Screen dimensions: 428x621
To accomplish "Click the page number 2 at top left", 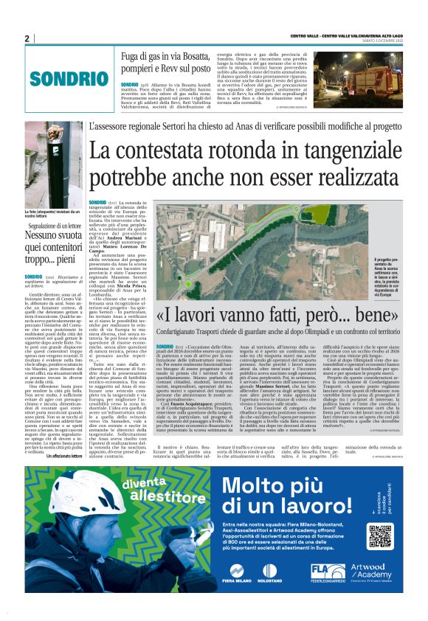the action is pos(27,39).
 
